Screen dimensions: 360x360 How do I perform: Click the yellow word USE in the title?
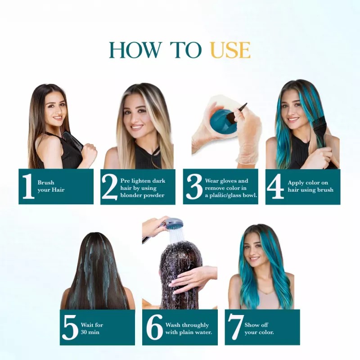(230, 50)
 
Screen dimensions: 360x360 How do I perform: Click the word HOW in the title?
(129, 50)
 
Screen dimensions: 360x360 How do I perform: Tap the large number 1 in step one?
(28, 187)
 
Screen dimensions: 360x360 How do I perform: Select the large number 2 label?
(109, 187)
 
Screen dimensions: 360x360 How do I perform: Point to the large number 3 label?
(194, 187)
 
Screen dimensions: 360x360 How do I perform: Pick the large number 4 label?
(275, 187)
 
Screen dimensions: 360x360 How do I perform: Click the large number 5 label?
(70, 328)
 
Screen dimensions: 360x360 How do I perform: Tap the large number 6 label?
(154, 328)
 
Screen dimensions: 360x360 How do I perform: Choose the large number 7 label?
(235, 328)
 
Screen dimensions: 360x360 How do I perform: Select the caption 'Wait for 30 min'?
(90, 328)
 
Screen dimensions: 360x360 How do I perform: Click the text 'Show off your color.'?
(259, 328)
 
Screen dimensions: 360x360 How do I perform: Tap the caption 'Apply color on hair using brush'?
(310, 186)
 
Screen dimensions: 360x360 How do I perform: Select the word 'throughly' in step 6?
(195, 324)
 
